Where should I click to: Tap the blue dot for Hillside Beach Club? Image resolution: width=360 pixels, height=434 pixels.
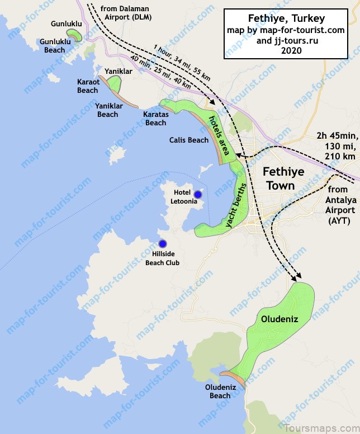click(163, 243)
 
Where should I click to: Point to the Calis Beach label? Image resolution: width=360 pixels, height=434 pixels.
click(189, 140)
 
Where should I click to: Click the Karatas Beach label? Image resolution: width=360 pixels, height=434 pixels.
click(155, 119)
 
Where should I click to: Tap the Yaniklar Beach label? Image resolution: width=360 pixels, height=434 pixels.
click(107, 110)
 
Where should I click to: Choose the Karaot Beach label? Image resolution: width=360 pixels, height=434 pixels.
click(88, 86)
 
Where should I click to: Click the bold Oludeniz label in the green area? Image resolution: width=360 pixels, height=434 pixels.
click(277, 319)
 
